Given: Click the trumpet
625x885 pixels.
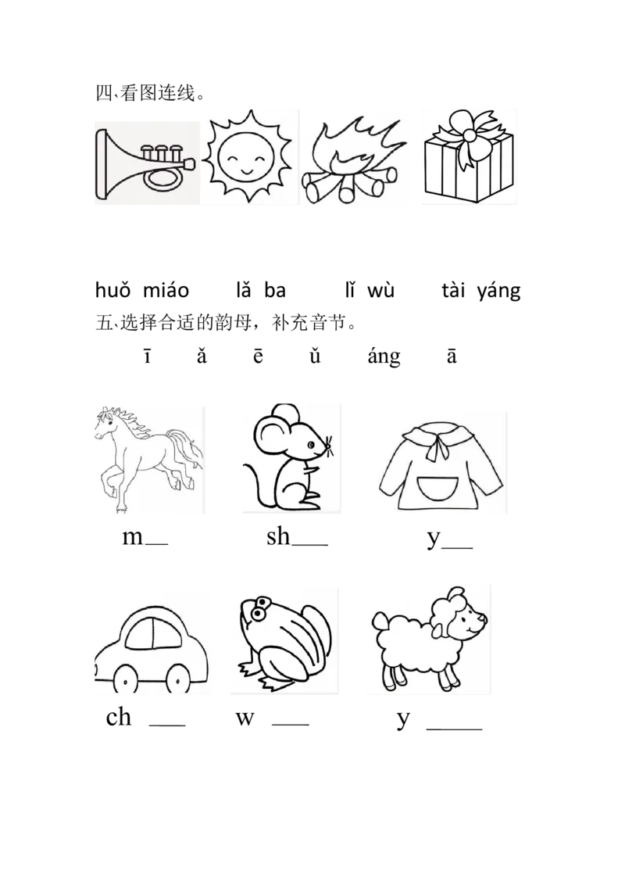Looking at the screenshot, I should point(145,163).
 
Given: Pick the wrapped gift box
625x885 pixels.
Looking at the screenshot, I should point(467,160).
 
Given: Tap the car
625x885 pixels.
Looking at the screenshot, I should point(152,645).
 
